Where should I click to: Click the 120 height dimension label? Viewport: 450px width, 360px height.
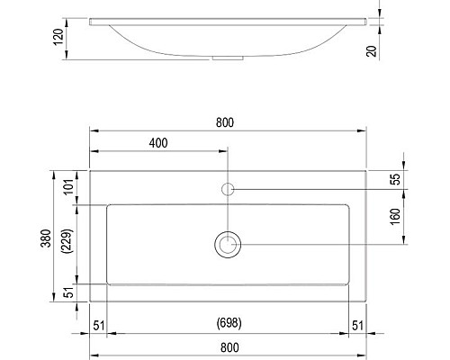point(58,37)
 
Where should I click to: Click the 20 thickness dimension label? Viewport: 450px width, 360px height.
point(372,51)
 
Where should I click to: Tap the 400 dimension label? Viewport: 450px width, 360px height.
point(158,143)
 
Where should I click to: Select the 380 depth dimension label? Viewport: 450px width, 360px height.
point(46,238)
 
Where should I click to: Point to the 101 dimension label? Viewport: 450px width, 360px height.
point(68,187)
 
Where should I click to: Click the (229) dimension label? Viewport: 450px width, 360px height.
point(67,241)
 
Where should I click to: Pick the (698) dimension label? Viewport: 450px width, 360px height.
point(229,323)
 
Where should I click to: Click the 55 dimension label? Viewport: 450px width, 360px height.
point(396,179)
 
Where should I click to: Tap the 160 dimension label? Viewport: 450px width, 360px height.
point(396,216)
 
